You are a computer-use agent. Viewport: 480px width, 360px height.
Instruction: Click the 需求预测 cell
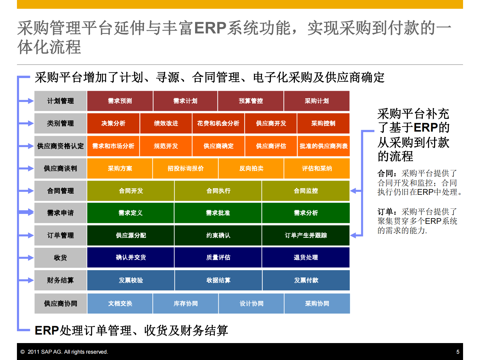[120, 101]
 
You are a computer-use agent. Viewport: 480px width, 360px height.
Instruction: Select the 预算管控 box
[251, 101]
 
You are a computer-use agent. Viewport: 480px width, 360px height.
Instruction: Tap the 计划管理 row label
[60, 101]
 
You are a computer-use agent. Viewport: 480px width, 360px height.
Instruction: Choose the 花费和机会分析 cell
[218, 123]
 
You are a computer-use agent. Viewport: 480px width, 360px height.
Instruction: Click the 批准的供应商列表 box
[323, 146]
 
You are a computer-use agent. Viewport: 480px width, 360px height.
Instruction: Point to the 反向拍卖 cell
[251, 169]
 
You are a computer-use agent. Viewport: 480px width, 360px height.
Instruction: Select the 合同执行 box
[218, 191]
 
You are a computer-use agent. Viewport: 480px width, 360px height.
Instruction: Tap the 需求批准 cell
[218, 213]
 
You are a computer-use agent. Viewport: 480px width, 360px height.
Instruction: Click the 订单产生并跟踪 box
[306, 235]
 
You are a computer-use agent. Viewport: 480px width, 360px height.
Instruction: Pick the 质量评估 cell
[218, 257]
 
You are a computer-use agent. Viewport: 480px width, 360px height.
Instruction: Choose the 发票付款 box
[306, 280]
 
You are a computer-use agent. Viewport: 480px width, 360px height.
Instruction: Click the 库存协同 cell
[185, 303]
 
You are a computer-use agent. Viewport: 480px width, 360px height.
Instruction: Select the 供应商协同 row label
[60, 303]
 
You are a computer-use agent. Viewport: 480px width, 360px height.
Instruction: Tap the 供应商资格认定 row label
[60, 146]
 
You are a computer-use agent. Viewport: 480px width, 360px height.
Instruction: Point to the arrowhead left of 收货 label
[31, 258]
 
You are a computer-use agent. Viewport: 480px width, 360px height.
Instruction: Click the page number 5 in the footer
[458, 352]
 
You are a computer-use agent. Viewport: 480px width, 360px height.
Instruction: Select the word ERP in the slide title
[210, 28]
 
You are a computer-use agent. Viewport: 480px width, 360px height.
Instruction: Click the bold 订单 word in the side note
[385, 212]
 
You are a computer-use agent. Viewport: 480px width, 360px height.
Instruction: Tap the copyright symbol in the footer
[22, 352]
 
